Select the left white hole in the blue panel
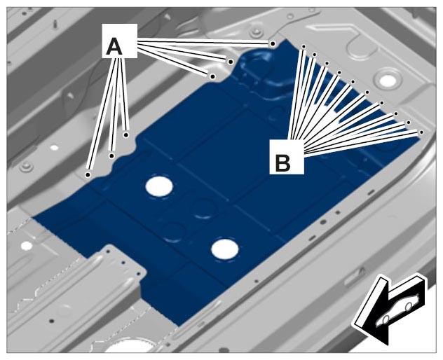159,186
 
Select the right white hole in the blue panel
225,249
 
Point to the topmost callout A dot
273,43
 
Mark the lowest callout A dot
88,175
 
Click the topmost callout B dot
304,46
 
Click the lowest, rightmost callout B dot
421,132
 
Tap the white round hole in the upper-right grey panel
387,81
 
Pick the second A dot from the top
231,62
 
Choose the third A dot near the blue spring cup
213,76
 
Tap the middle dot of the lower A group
112,155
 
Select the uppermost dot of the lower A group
126,135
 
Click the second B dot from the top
314,54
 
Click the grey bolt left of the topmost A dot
256,33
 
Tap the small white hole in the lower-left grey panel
27,246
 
